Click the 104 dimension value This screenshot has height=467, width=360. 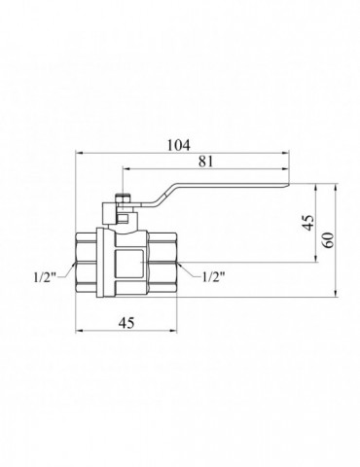(178, 145)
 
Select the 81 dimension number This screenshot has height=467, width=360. (206, 162)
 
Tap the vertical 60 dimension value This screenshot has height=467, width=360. (329, 240)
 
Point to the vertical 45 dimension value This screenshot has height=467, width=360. (308, 223)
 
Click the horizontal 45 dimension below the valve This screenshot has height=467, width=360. (126, 323)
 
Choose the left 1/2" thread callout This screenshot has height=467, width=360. (45, 277)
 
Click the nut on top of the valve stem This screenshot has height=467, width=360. (123, 198)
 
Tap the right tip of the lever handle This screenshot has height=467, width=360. (289, 184)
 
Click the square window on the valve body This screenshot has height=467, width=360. (128, 264)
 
